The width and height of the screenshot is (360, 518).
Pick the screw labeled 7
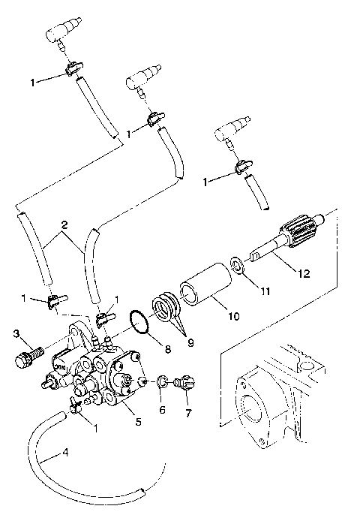tap(182, 384)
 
